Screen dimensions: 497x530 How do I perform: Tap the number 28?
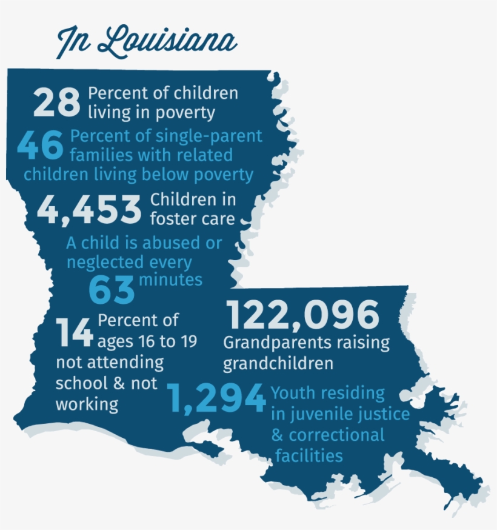56,102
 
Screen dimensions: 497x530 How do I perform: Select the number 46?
41,145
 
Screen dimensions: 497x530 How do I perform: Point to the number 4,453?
89,209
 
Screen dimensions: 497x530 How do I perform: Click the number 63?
112,290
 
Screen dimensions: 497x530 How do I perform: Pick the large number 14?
75,332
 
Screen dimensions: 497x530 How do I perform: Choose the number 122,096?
303,315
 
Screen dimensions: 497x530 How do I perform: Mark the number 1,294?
217,399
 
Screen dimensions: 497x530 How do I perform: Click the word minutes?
171,280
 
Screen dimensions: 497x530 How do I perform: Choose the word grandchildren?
278,363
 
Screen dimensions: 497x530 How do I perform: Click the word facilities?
309,455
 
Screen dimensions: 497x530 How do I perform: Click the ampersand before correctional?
278,435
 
